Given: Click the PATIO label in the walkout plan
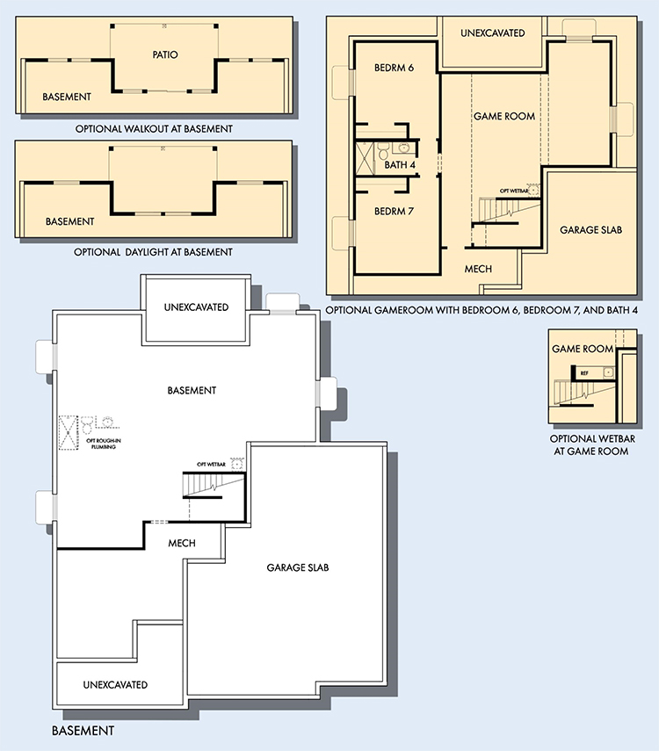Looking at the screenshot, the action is point(165,54).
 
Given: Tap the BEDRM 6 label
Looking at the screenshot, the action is point(394,68).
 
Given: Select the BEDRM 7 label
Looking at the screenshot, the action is point(394,211).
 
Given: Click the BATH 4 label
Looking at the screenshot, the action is point(400,165).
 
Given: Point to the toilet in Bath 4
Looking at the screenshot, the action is point(383,150).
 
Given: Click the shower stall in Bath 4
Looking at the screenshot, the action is point(365,157).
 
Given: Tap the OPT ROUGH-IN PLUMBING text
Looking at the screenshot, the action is point(104,444).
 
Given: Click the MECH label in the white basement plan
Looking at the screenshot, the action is point(182,543).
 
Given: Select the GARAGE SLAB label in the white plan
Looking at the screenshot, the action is point(298,567).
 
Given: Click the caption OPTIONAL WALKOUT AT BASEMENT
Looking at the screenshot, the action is point(154,129).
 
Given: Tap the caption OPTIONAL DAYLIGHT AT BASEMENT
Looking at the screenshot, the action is point(153,252).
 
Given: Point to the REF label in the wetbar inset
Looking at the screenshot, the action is point(584,373).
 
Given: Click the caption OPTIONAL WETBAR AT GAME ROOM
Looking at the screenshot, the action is point(592,445).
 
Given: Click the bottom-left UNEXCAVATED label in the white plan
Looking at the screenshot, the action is point(115,685).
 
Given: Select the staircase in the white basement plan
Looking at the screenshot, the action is point(214,485).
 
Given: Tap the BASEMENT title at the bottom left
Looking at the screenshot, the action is point(83,731).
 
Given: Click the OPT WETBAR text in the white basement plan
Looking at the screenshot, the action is point(211,464).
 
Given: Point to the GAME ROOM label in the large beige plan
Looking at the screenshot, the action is point(504,116).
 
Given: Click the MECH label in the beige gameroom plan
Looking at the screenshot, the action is point(478,269).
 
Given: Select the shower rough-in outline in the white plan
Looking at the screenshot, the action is point(68,433).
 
